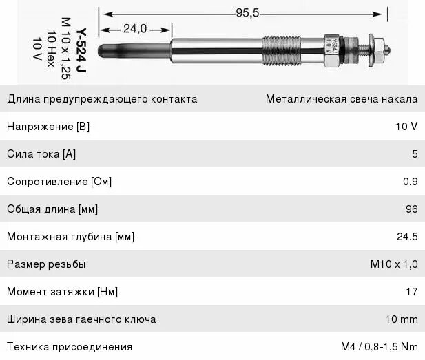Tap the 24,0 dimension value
tap(135, 28)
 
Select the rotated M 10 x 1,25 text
tap(65, 48)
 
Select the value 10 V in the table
tap(406, 127)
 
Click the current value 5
tap(415, 154)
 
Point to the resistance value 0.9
tap(411, 182)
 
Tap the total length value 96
tap(411, 209)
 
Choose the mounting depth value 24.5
tap(407, 237)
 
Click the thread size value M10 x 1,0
tap(393, 264)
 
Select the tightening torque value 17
tap(412, 292)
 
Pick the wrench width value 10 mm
tap(402, 319)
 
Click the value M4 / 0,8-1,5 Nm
tap(379, 346)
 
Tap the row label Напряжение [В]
tap(48, 127)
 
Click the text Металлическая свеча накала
tap(342, 99)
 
